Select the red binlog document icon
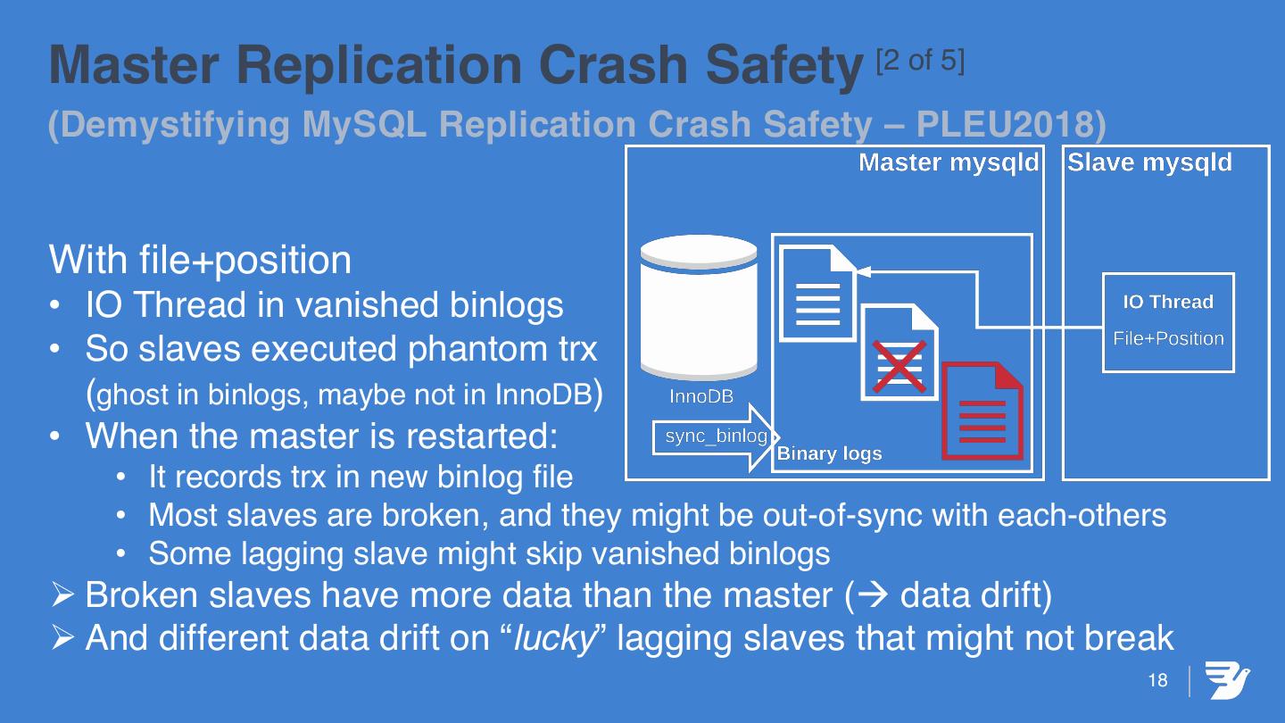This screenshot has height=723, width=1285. [x=982, y=411]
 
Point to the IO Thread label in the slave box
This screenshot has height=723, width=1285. [x=1168, y=303]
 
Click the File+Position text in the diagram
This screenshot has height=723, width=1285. [x=1168, y=339]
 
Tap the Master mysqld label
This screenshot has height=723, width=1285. [x=949, y=163]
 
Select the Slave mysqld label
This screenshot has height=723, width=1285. [x=1149, y=163]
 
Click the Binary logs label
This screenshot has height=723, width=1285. [x=829, y=453]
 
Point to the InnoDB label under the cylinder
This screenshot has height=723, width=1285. [x=701, y=397]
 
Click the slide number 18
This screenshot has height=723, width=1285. [x=1157, y=681]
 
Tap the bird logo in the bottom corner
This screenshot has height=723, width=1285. [x=1227, y=680]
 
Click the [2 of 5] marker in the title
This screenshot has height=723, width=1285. [x=919, y=62]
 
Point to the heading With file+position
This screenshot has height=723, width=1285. [x=200, y=261]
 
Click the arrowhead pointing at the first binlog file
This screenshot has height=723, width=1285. [x=861, y=269]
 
